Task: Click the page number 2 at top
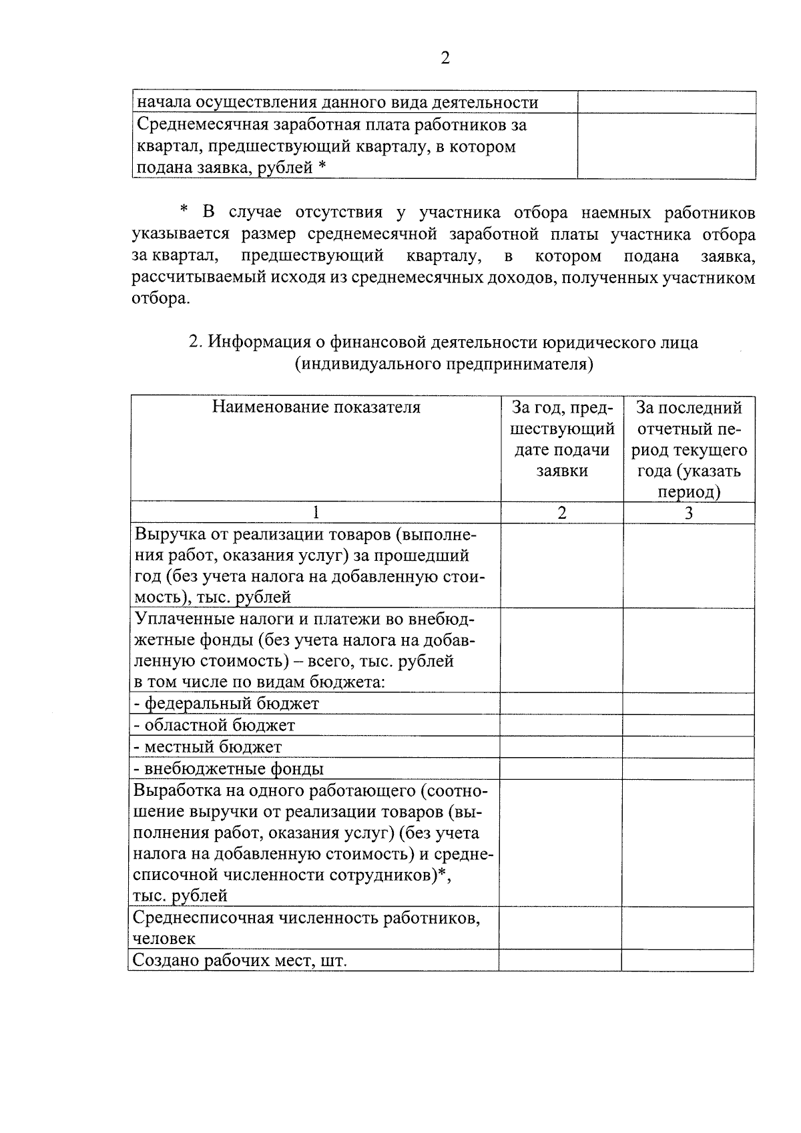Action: point(445,58)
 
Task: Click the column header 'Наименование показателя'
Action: point(316,407)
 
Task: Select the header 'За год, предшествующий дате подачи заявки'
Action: point(562,439)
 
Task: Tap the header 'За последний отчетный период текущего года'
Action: point(690,449)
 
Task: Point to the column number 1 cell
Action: point(316,513)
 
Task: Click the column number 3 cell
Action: point(690,513)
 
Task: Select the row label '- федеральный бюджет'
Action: point(227,704)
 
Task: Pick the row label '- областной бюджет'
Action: point(215,725)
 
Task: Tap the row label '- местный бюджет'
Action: point(208,747)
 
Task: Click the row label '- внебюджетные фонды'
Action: point(229,768)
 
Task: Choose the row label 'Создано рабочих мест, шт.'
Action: point(240,960)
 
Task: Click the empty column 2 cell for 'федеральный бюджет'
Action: point(561,704)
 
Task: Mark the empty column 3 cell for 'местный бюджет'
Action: point(689,747)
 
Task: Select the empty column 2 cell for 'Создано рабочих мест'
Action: point(560,960)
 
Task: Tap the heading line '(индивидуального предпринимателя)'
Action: point(445,365)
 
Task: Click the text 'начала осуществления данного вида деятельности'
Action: point(337,103)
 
